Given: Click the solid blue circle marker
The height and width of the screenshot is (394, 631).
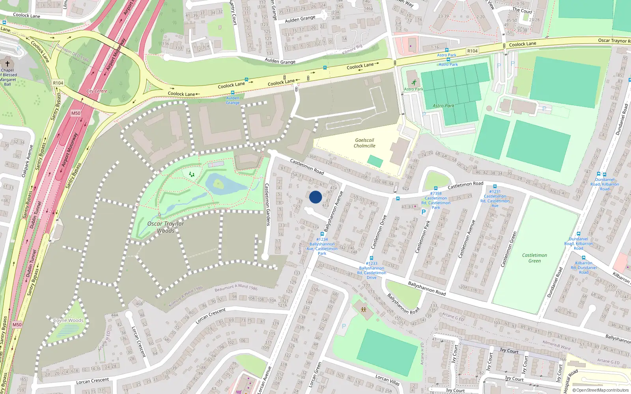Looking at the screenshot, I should (x=315, y=197).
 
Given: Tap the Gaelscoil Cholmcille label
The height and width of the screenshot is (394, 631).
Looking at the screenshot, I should (x=364, y=143).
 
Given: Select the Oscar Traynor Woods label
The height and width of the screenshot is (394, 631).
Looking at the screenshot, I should (x=166, y=227).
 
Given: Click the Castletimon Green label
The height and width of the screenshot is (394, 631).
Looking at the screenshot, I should (x=534, y=258).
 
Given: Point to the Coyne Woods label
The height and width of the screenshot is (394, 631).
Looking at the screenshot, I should (x=69, y=320).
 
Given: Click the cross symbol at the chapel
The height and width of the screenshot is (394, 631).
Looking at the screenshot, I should (x=7, y=63).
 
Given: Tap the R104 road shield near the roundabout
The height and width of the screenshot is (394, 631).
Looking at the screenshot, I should (x=58, y=83).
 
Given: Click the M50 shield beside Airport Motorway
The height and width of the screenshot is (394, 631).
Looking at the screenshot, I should (x=76, y=113).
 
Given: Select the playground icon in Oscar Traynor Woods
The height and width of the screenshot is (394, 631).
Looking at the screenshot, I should (x=192, y=174).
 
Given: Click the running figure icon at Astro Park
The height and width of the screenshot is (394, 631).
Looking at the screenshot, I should (x=414, y=82).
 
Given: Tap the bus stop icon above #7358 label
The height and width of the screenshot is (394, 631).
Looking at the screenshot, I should (x=436, y=188).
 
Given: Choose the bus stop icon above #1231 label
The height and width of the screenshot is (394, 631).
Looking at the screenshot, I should (x=495, y=186).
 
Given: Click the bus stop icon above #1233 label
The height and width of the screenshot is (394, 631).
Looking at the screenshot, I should (x=371, y=258).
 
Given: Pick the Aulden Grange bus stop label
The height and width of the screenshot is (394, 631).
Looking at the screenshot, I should (x=233, y=100).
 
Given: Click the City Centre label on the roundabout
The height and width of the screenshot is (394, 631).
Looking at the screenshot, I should (x=97, y=91).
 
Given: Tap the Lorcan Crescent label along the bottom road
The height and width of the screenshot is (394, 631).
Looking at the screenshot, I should (x=92, y=381).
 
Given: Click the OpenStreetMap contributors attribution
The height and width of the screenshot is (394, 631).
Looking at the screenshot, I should (x=600, y=390).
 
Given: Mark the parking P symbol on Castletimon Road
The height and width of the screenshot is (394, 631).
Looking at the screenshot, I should (x=424, y=212).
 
